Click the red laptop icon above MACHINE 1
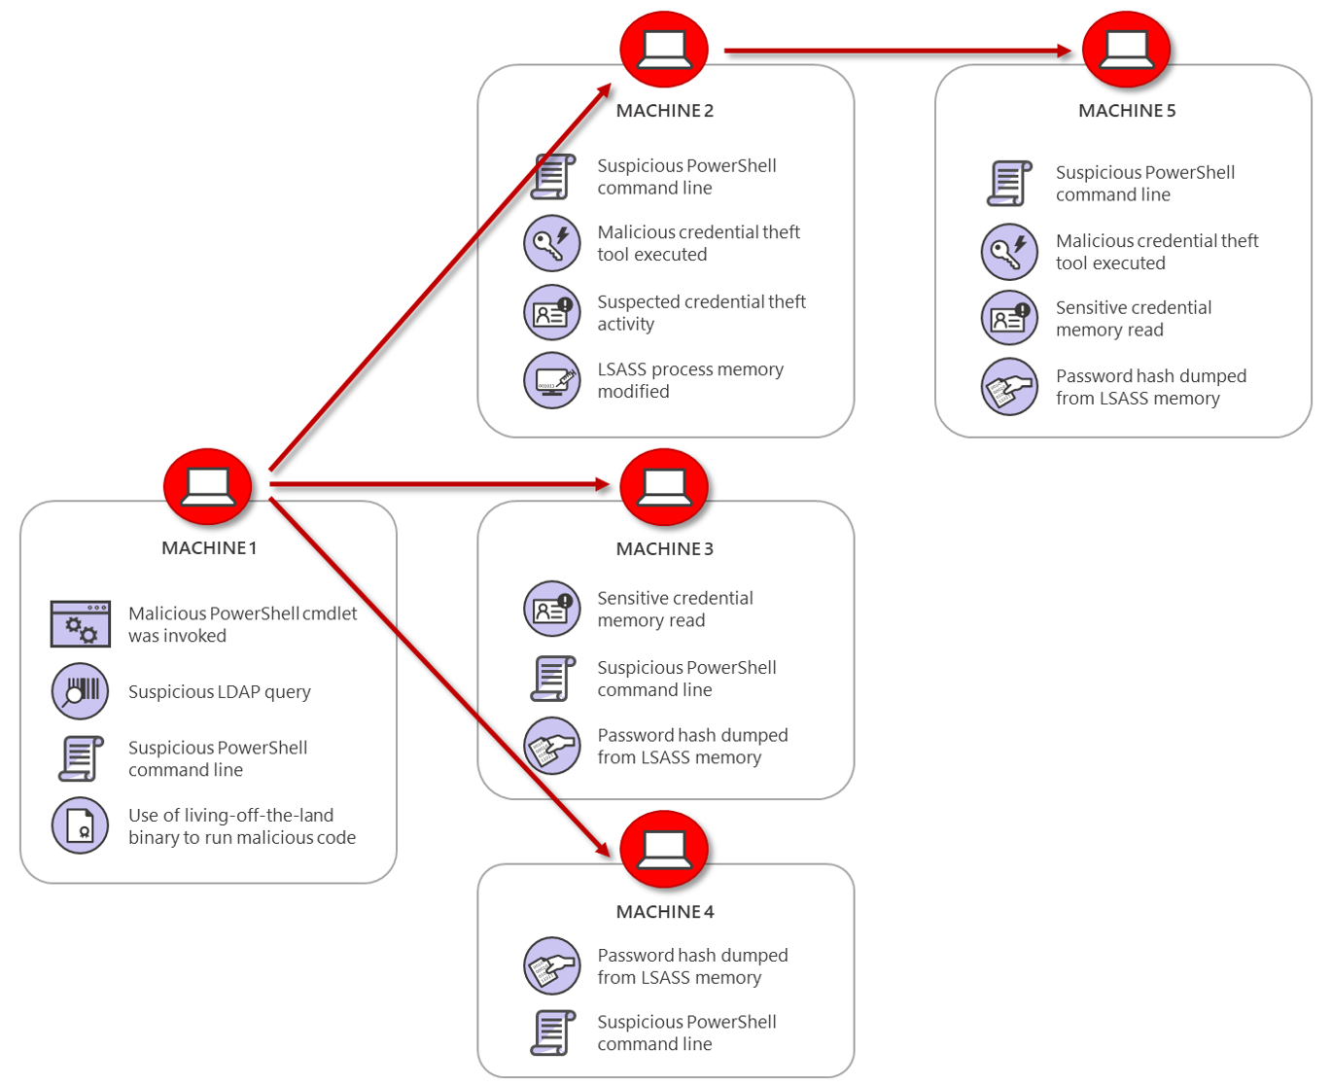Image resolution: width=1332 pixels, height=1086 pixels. (207, 485)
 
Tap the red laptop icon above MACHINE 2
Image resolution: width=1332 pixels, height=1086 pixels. (664, 49)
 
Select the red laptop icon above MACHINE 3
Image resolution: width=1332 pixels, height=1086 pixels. (664, 485)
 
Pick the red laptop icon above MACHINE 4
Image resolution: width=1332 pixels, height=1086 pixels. (664, 849)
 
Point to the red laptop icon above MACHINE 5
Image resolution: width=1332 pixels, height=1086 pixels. (1126, 49)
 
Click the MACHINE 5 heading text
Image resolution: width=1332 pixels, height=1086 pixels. (1126, 111)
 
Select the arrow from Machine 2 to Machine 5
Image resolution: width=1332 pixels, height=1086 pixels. (894, 51)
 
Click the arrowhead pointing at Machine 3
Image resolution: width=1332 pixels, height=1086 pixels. (600, 484)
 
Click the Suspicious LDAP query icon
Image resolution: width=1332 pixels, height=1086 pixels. (80, 691)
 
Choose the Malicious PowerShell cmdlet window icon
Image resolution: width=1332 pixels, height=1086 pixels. (80, 624)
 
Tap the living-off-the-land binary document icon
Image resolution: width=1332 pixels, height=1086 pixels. (80, 825)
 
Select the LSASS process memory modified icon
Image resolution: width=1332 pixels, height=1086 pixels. (552, 380)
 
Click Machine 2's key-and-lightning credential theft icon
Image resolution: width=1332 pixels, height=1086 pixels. (552, 243)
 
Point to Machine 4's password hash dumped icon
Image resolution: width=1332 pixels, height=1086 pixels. (552, 965)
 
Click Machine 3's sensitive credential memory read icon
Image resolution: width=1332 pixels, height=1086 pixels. (552, 609)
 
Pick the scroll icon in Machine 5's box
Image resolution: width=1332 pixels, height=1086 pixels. (1009, 183)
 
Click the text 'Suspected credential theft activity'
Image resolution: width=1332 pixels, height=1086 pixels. (700, 313)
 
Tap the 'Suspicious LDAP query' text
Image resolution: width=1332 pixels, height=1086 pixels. (220, 692)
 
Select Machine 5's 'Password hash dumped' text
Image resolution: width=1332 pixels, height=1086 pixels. (1150, 387)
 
